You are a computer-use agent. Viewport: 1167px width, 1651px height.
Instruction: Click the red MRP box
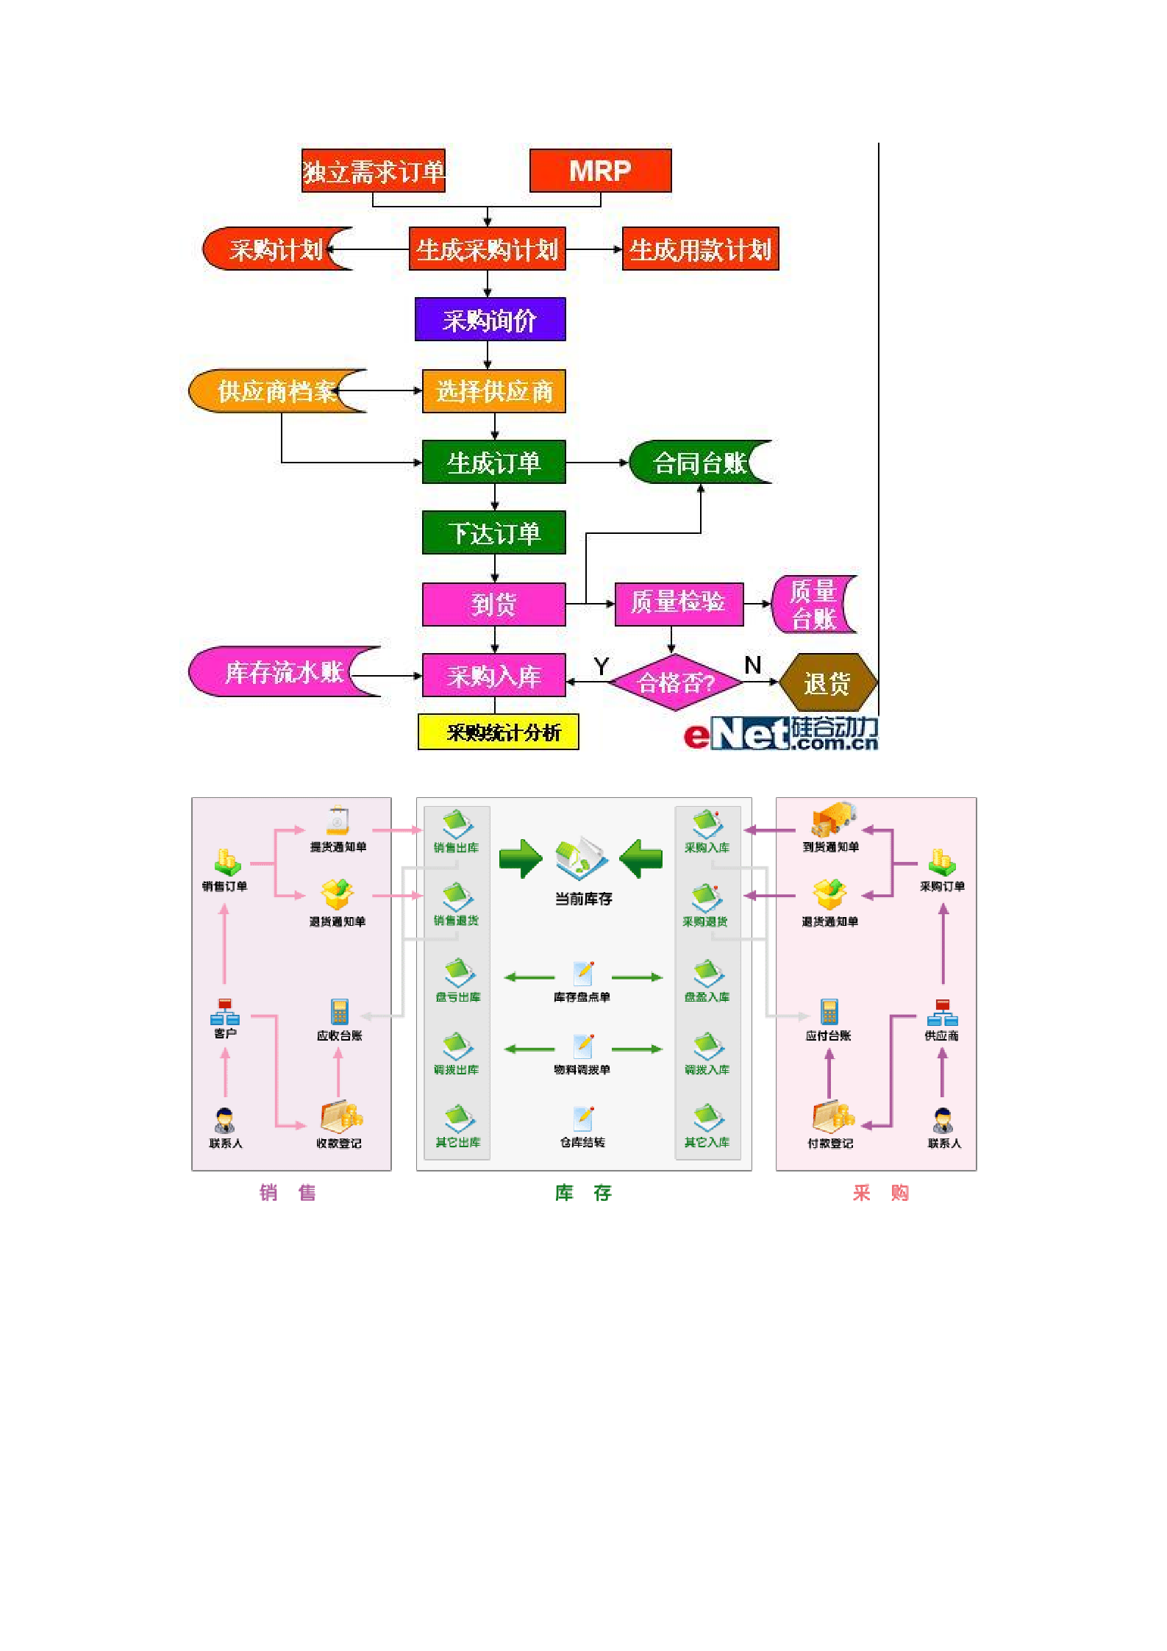(x=600, y=171)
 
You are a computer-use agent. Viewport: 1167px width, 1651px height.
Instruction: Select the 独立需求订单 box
(x=373, y=171)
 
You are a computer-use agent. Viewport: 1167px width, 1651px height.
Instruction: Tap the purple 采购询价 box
(x=490, y=319)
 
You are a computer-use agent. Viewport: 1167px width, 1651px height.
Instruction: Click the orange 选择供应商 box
(x=493, y=391)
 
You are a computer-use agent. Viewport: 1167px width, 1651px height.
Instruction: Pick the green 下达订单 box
(x=493, y=532)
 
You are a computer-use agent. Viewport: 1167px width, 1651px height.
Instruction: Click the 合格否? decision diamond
(x=675, y=682)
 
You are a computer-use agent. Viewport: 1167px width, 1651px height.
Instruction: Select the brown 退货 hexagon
(x=827, y=682)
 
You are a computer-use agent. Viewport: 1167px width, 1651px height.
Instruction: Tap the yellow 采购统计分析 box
(x=499, y=732)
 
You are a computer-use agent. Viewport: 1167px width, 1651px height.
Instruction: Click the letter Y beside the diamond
(x=601, y=666)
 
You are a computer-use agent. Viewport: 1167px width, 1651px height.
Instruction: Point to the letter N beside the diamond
(x=752, y=665)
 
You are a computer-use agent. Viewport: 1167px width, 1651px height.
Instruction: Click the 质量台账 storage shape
(x=813, y=605)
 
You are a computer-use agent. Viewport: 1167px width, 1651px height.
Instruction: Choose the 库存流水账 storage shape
(x=283, y=671)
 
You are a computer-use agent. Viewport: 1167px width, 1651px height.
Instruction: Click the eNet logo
(x=780, y=734)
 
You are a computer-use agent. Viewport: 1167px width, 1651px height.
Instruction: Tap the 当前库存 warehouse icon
(x=582, y=858)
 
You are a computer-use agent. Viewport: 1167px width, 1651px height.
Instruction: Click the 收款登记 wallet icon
(x=340, y=1117)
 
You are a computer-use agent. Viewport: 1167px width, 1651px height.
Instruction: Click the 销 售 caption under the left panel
(x=288, y=1193)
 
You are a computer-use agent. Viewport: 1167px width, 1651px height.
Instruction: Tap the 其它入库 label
(x=707, y=1142)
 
